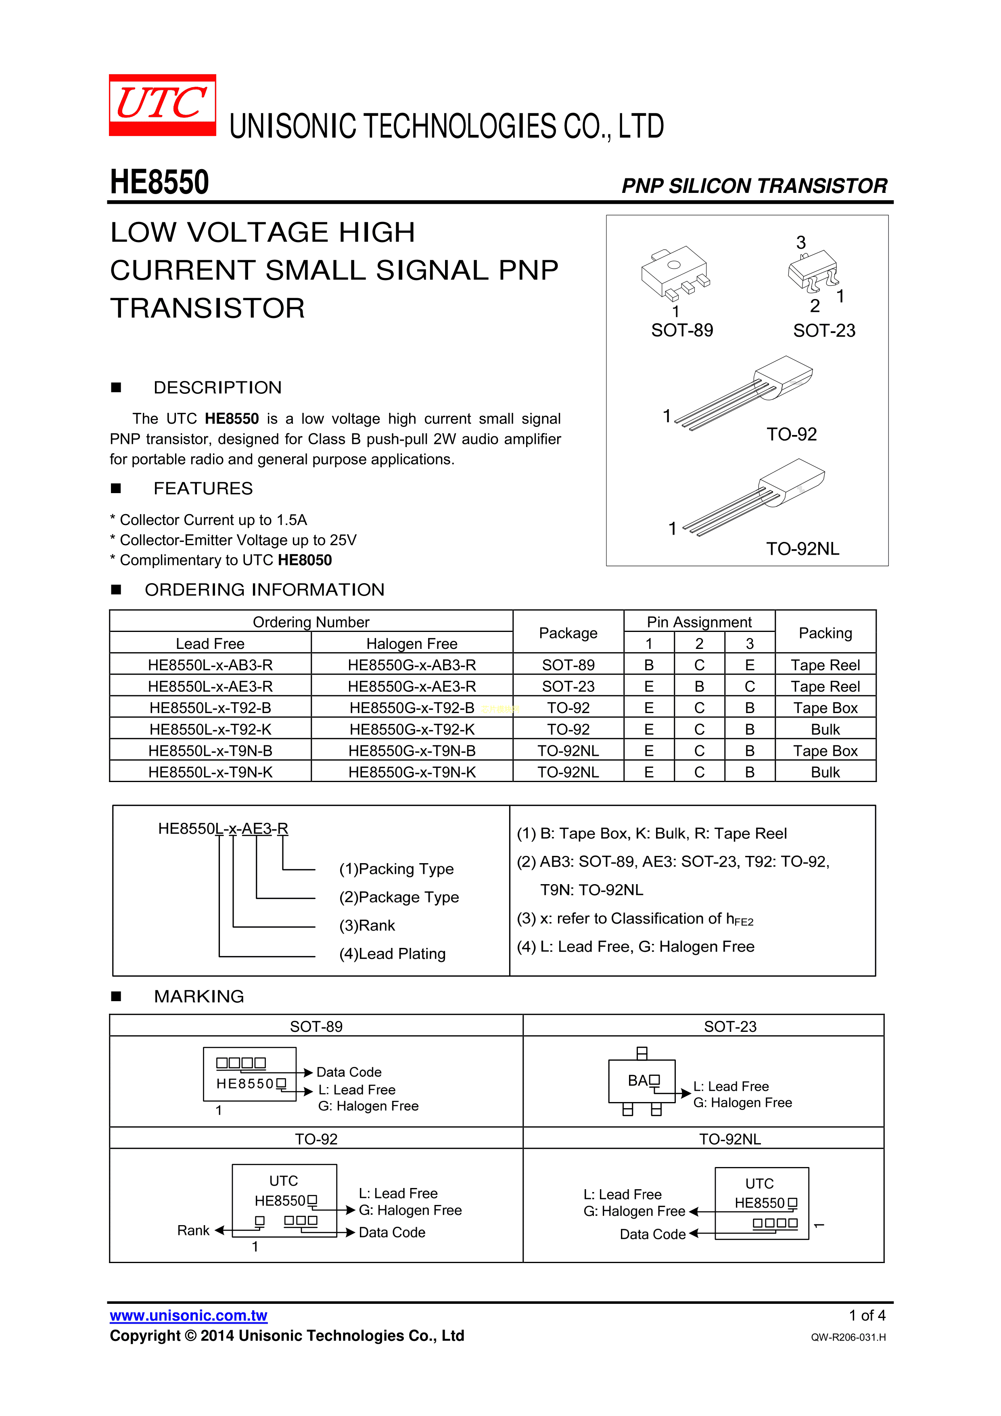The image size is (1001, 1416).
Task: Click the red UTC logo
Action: (x=162, y=105)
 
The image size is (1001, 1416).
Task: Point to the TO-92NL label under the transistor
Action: (x=802, y=548)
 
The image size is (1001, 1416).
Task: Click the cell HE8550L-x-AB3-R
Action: (x=210, y=665)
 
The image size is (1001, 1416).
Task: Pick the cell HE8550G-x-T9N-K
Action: (x=412, y=772)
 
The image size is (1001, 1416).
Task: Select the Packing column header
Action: (x=825, y=633)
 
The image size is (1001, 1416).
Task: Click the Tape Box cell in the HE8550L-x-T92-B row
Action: (x=825, y=708)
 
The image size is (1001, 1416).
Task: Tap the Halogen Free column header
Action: (x=412, y=644)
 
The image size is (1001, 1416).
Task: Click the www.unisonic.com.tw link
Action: (x=189, y=1316)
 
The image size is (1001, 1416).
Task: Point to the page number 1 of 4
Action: (x=867, y=1316)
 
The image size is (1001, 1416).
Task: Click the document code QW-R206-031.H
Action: (x=848, y=1337)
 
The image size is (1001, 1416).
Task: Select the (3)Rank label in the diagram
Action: (x=367, y=925)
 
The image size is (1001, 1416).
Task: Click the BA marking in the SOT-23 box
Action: (x=638, y=1081)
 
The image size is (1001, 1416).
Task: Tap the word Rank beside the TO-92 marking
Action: (x=193, y=1230)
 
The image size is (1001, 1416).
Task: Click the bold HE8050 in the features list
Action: (x=305, y=560)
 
